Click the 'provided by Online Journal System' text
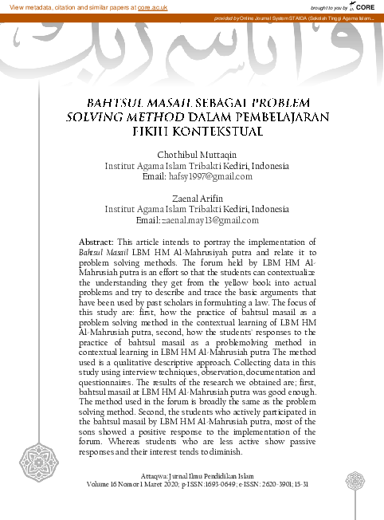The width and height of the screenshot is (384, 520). pos(263,18)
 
